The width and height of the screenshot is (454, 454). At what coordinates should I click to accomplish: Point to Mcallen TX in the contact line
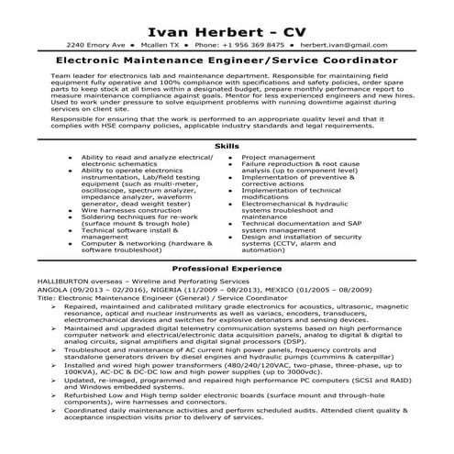point(161,44)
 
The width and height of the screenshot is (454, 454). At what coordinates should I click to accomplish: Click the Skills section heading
point(226,146)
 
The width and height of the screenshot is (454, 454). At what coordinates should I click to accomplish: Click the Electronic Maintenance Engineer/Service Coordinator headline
point(226,60)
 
